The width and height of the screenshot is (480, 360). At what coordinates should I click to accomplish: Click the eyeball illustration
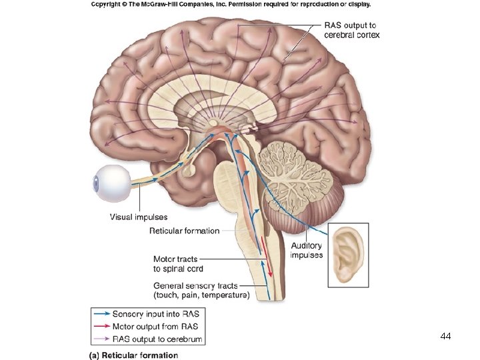tap(113, 183)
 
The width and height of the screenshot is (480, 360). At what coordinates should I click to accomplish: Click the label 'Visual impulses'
tap(139, 217)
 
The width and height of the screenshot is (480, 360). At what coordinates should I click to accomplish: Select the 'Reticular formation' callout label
tap(184, 231)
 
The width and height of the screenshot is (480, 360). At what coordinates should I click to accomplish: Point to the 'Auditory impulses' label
tap(307, 250)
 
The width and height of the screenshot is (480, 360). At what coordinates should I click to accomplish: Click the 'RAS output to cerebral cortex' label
tap(351, 30)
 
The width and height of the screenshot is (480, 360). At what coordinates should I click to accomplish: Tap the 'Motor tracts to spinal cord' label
tap(178, 264)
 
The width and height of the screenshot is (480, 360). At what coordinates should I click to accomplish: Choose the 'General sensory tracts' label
tap(201, 291)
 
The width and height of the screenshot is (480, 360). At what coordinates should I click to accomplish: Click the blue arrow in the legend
tap(102, 313)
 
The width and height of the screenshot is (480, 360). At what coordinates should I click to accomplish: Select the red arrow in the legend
tap(102, 327)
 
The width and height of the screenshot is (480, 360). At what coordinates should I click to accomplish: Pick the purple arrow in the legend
tap(102, 339)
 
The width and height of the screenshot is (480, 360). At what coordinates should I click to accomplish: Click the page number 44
tap(446, 337)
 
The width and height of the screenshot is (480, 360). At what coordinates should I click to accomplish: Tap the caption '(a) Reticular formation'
tap(133, 355)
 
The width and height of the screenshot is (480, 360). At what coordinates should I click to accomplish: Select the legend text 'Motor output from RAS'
tap(155, 327)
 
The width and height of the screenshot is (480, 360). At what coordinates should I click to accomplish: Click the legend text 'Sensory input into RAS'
tap(155, 313)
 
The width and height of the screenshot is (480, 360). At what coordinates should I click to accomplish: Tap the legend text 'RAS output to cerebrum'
tap(157, 339)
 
